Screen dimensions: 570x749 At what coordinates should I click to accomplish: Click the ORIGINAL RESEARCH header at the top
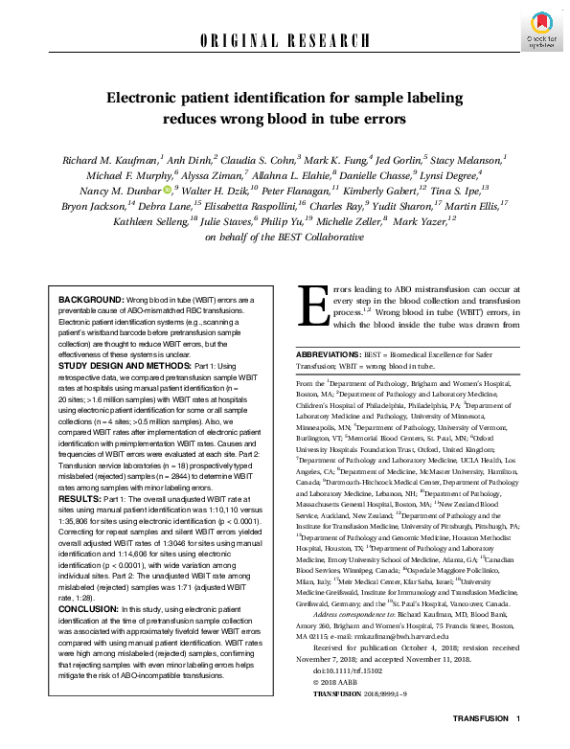pos(285,40)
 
